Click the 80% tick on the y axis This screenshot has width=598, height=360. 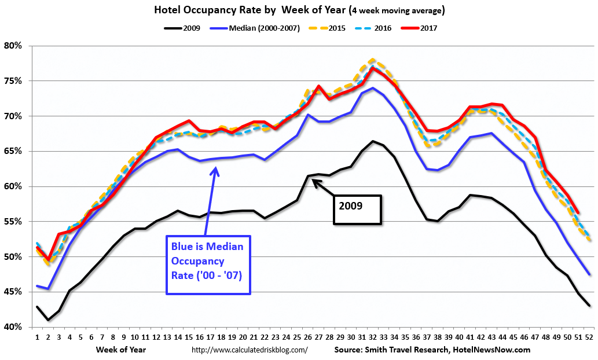14,46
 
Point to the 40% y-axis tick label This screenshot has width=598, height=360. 14,327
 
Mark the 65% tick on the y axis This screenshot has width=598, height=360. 14,151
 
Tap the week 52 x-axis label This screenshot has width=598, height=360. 588,337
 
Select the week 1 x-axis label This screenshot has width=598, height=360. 37,337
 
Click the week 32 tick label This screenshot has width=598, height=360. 372,337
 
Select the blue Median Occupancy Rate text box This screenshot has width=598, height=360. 208,265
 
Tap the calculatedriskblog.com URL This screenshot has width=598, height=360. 250,350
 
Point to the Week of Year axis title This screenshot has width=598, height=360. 122,350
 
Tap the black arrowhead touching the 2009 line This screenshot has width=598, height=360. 315,181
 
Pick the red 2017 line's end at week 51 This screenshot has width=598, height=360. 578,213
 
